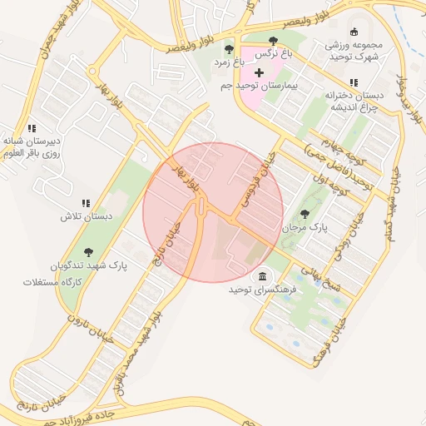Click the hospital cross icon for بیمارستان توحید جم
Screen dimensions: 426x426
tap(258, 73)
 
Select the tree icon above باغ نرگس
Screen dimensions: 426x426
tap(273, 41)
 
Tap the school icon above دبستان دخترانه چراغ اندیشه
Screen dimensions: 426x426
tap(354, 82)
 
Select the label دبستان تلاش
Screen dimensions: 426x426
tap(85, 215)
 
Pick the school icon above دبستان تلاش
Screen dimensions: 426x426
tap(85, 203)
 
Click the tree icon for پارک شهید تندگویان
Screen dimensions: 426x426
tap(88, 251)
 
